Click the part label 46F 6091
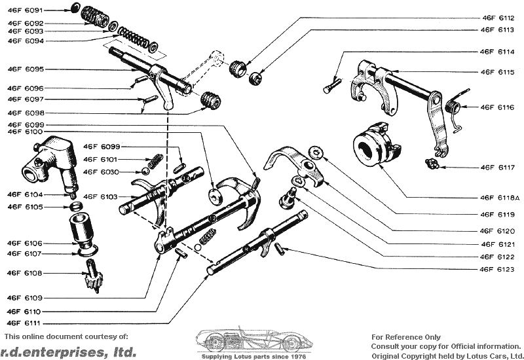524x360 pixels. [25, 11]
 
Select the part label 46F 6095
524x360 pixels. [25, 68]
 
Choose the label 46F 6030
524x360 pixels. [100, 171]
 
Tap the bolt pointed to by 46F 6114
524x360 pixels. [331, 85]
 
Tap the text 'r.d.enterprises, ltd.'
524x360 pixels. [68, 351]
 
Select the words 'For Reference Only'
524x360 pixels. [406, 337]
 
